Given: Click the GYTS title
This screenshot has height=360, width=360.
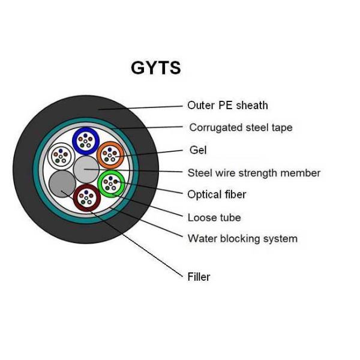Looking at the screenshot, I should point(155,68).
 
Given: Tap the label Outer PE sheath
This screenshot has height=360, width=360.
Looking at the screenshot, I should point(227,106).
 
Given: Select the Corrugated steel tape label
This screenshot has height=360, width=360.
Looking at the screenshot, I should point(241,128).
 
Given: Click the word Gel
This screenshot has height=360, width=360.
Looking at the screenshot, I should point(198,150).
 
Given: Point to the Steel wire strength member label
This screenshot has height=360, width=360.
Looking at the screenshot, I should point(254,173).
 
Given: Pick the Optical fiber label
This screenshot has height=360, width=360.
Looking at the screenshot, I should point(217,194).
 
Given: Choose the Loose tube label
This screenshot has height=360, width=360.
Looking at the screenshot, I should point(214,217).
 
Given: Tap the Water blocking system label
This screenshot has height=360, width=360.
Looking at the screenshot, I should point(242,239).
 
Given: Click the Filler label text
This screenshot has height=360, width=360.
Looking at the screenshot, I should point(199,277).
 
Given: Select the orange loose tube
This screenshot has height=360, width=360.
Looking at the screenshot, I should point(110,155).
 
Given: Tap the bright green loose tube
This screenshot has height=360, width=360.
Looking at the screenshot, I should point(110,183).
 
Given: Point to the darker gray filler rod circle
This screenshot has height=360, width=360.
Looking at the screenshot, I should point(61,184).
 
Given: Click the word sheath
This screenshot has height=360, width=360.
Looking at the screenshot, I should point(252,106).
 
